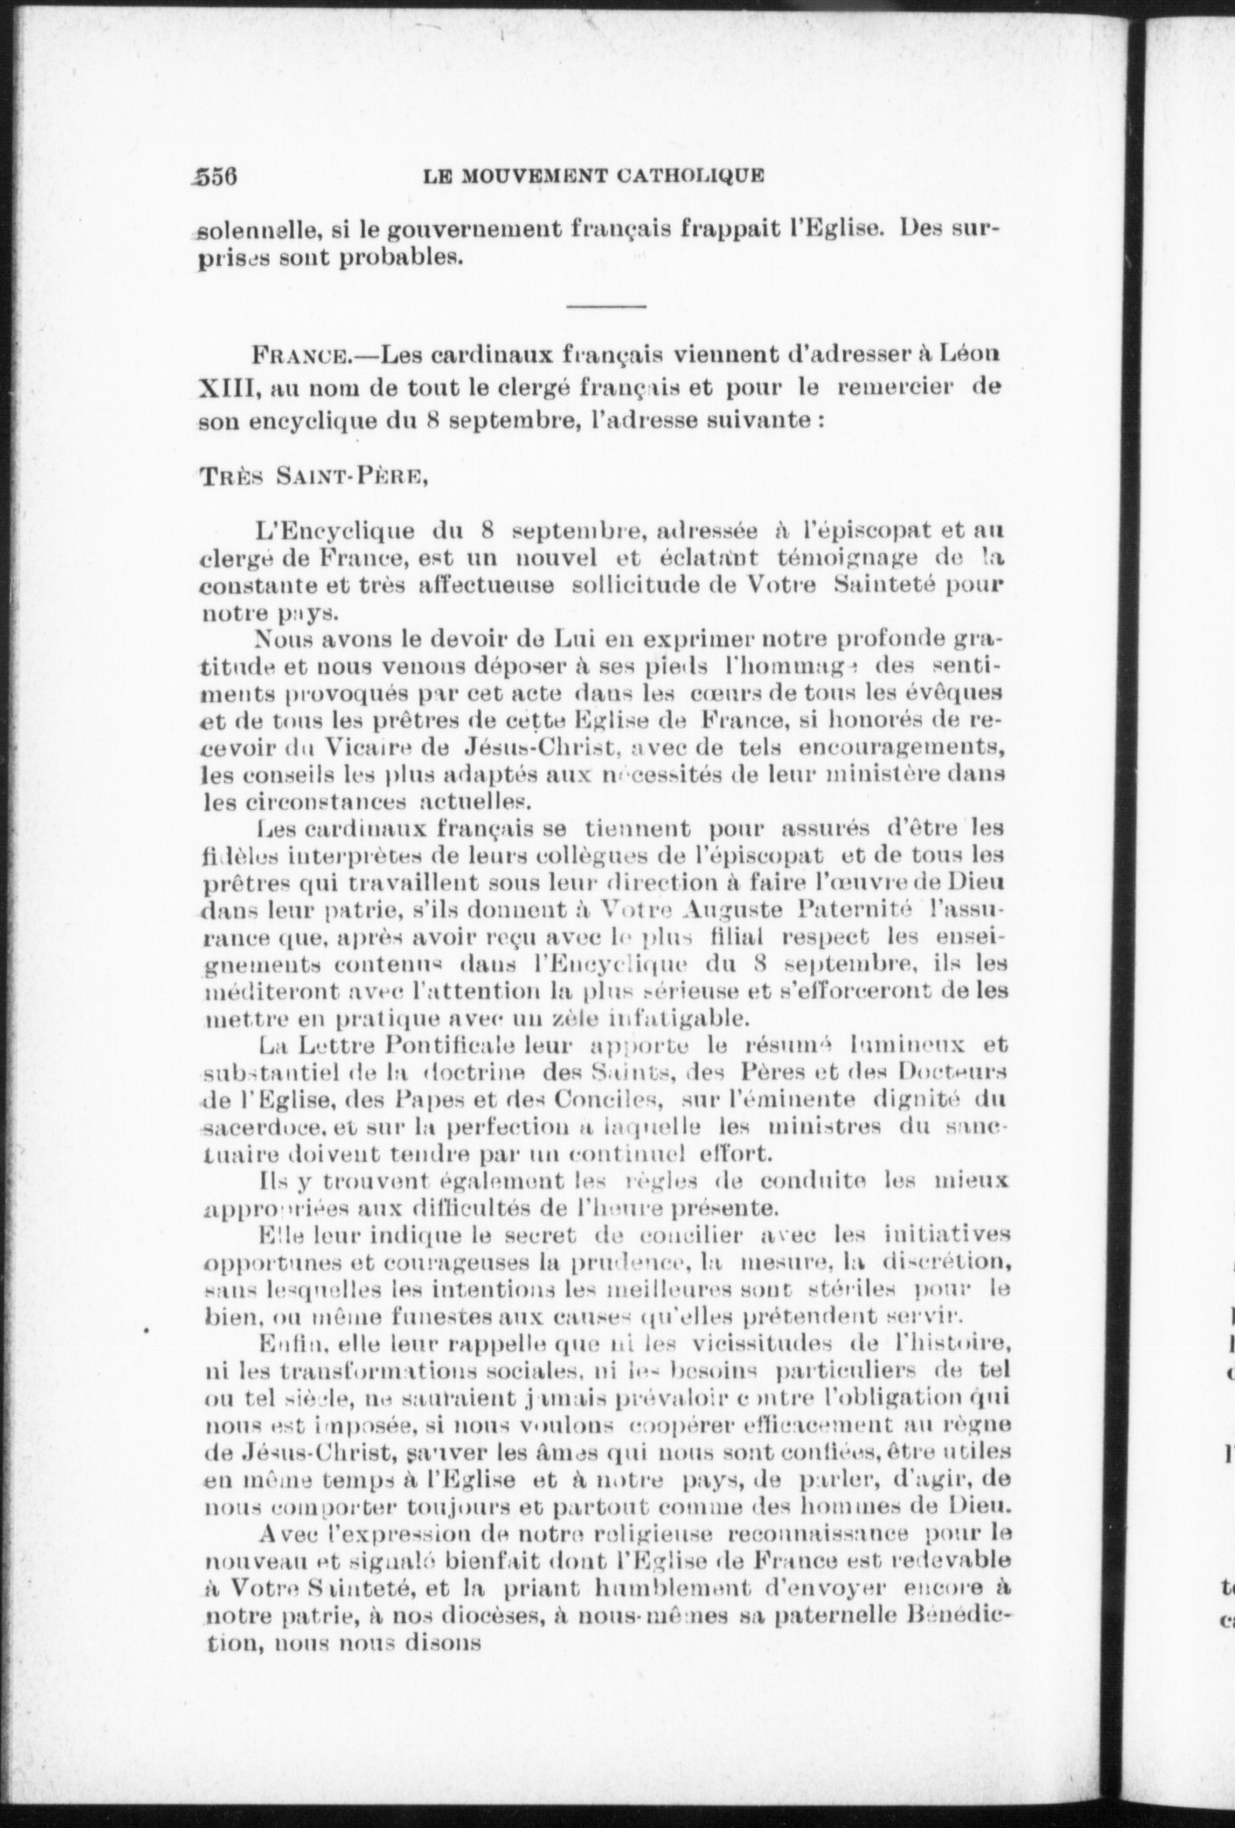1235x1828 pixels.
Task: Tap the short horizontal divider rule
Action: [x=606, y=306]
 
